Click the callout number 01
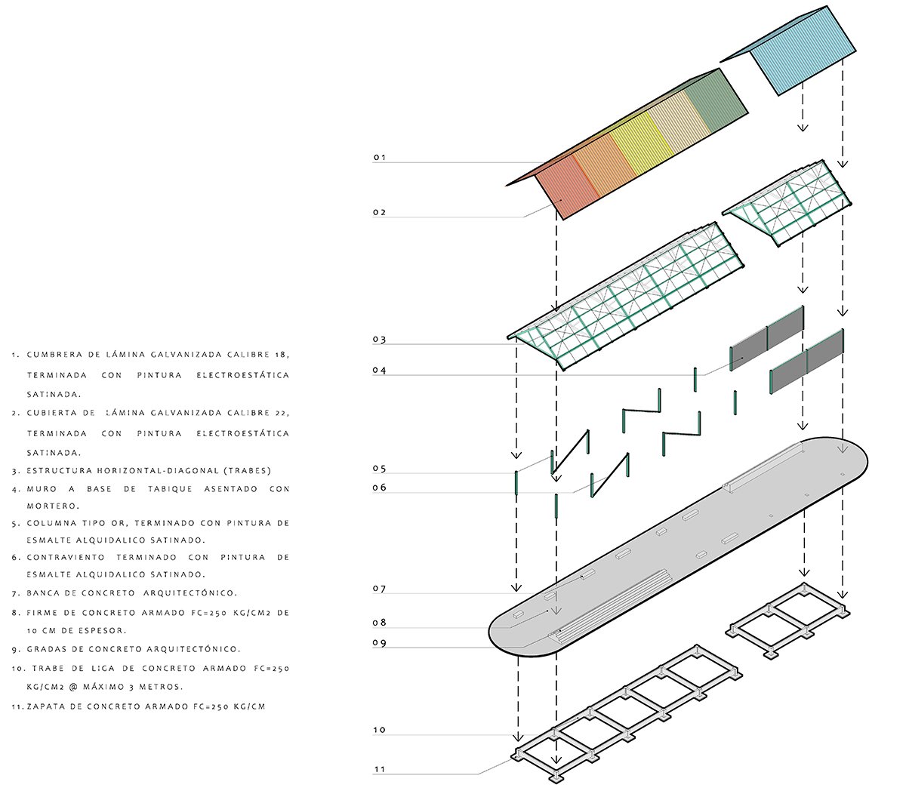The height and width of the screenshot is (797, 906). (379, 158)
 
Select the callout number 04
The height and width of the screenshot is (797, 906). (379, 371)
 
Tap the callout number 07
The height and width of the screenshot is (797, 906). (379, 589)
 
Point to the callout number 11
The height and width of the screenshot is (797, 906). (379, 769)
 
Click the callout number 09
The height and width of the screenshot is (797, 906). (379, 643)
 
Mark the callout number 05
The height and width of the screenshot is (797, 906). (379, 469)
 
